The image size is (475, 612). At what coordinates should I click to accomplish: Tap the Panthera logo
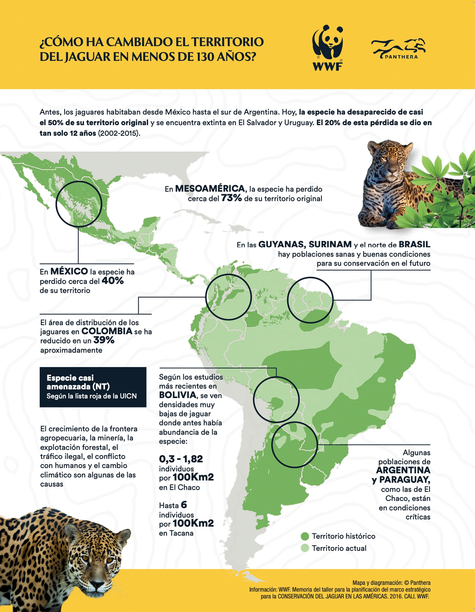[x=398, y=49]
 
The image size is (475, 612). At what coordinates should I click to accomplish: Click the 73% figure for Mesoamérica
[x=231, y=198]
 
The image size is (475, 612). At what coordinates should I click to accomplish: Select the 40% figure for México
[x=113, y=281]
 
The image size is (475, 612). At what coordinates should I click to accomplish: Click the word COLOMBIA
[x=107, y=331]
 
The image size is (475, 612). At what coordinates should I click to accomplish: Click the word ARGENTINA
[x=403, y=470]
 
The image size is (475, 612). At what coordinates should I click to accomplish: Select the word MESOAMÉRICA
[x=210, y=188]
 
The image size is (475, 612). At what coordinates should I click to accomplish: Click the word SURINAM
[x=330, y=244]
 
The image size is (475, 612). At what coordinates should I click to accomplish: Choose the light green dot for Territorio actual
[x=305, y=548]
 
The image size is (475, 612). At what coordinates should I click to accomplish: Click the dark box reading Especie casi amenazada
[x=93, y=387]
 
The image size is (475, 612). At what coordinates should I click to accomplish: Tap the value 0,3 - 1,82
[x=181, y=459]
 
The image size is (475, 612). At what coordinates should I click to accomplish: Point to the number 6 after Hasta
[x=184, y=505]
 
